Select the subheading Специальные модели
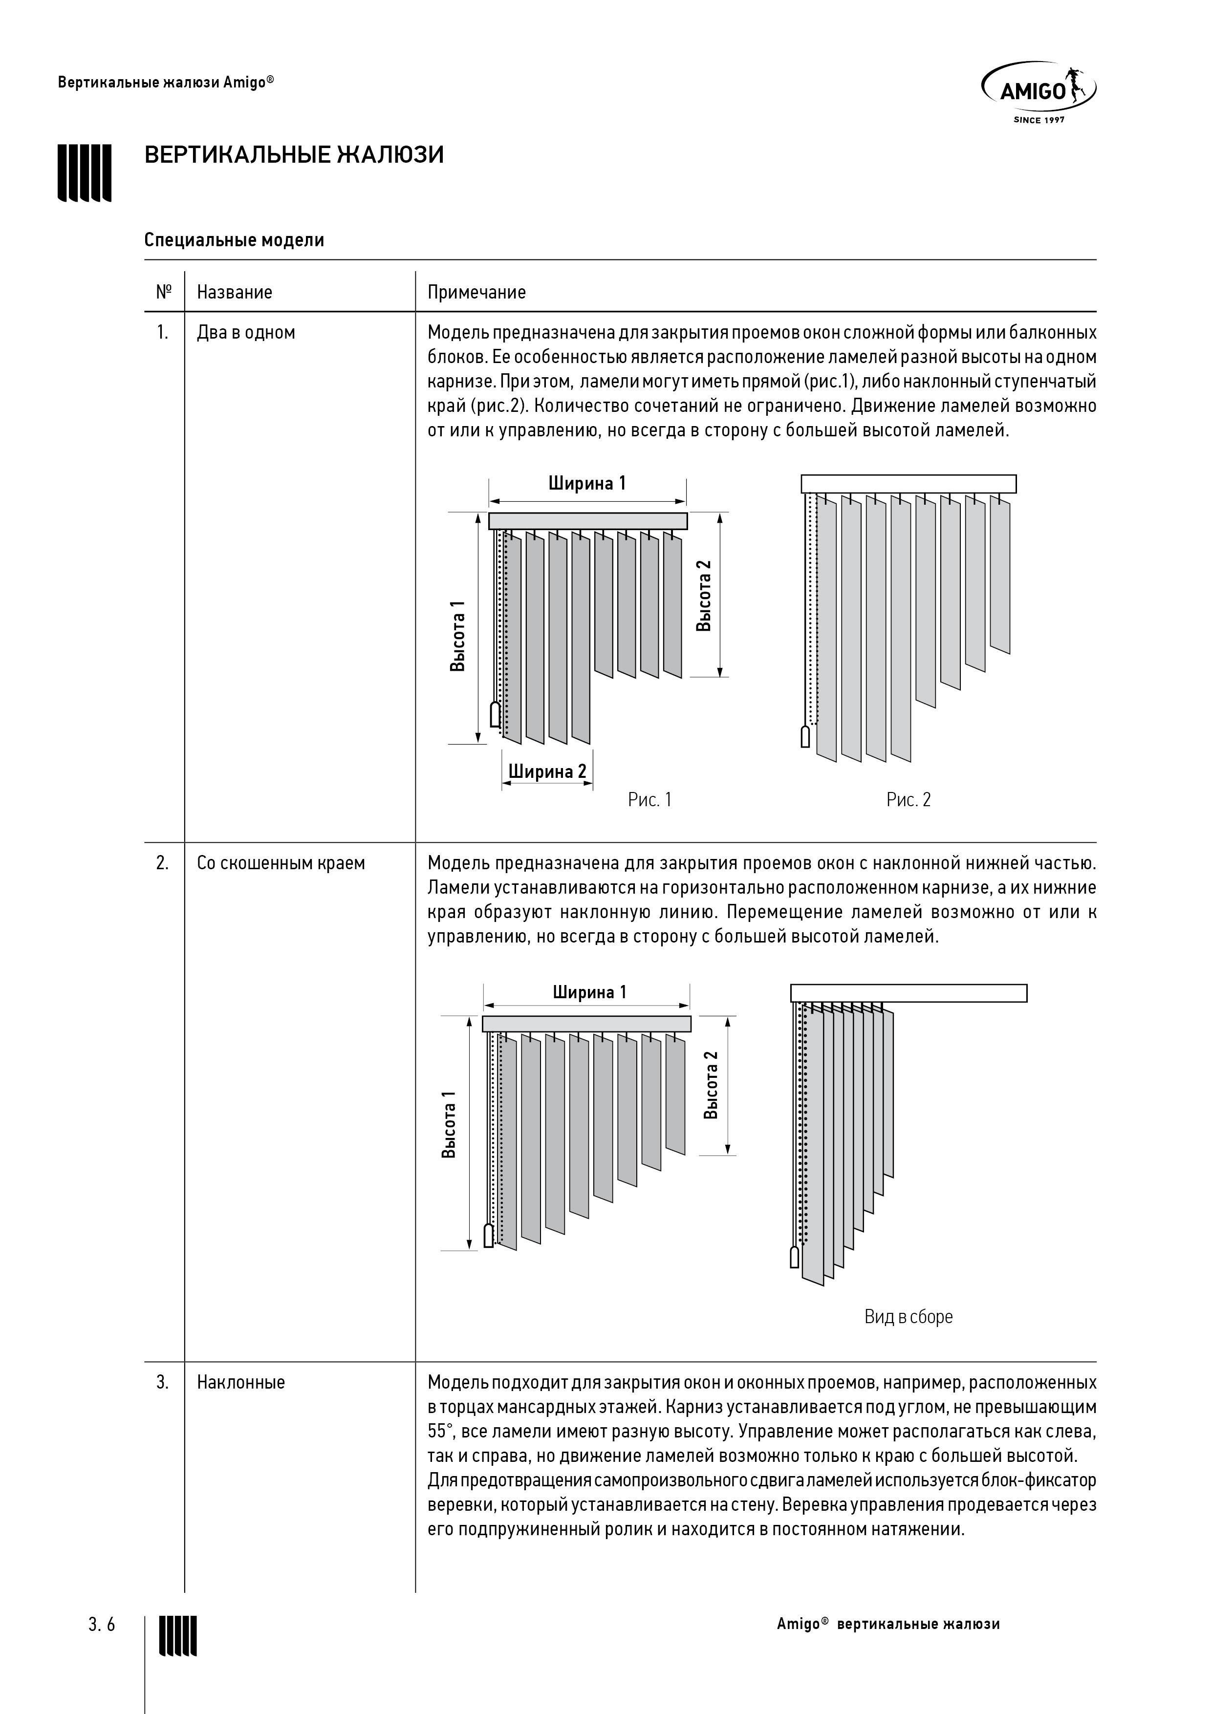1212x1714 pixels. tap(234, 240)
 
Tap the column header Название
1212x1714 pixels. tap(235, 292)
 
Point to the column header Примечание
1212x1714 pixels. tap(476, 292)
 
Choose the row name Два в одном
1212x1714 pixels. tap(246, 333)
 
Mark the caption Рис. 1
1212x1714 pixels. tap(649, 799)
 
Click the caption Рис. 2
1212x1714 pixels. tap(908, 799)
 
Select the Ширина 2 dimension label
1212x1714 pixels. tap(547, 771)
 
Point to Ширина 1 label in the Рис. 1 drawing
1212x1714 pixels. tap(587, 483)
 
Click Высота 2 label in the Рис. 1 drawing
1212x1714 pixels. tap(703, 596)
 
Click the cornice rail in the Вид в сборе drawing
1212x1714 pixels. tap(908, 993)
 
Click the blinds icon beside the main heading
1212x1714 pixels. tap(85, 172)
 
